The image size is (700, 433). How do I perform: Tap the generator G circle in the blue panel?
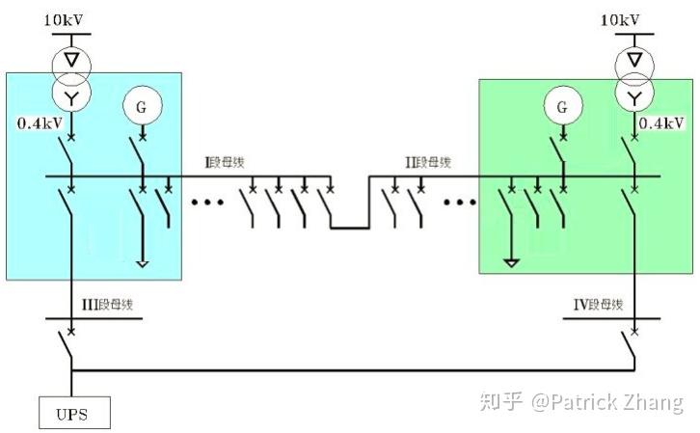141,107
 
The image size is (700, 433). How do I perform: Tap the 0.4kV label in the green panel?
661,123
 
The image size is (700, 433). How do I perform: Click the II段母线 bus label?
428,162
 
